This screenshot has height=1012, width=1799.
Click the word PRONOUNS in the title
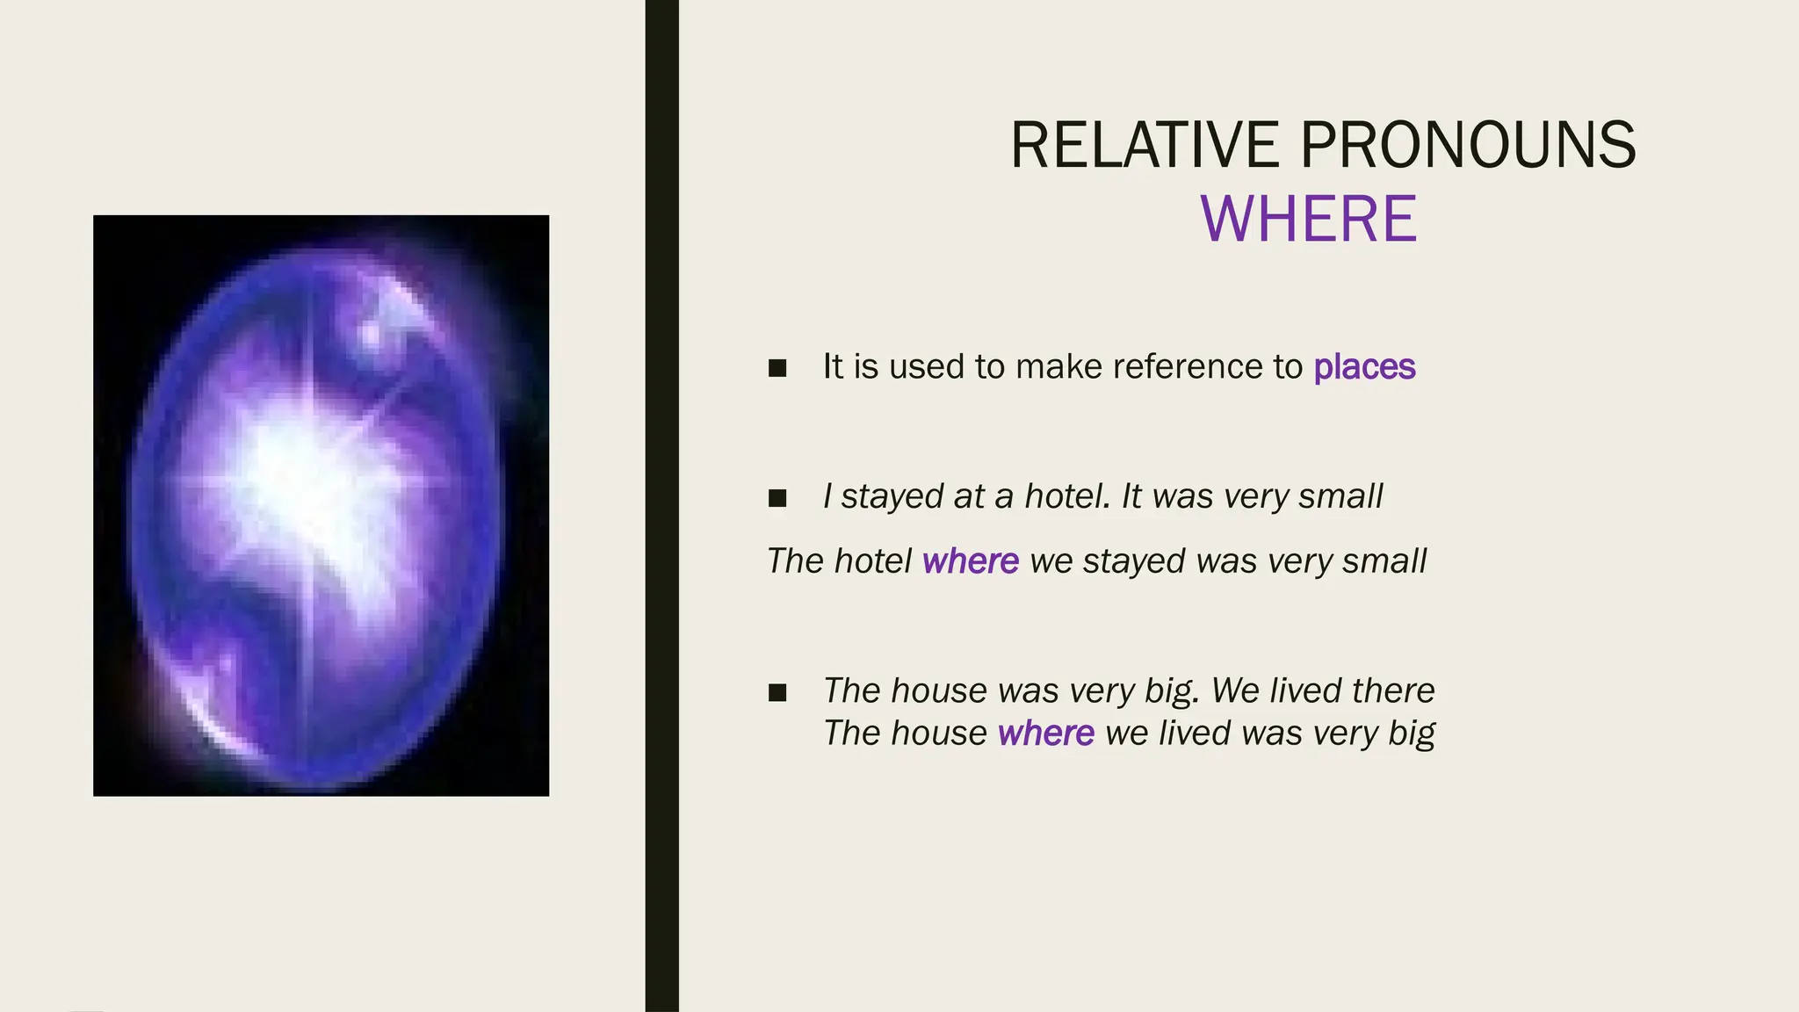click(1468, 145)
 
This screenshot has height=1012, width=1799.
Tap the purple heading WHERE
click(1308, 219)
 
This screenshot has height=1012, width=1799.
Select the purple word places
click(1364, 367)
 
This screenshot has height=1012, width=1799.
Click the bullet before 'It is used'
click(777, 368)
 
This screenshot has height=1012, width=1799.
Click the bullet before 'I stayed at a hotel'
click(777, 498)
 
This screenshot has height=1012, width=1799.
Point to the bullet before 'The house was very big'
click(777, 692)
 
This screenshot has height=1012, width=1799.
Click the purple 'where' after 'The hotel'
click(971, 561)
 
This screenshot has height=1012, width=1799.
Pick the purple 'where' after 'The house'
click(1046, 734)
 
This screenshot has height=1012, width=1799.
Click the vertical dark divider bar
click(661, 506)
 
